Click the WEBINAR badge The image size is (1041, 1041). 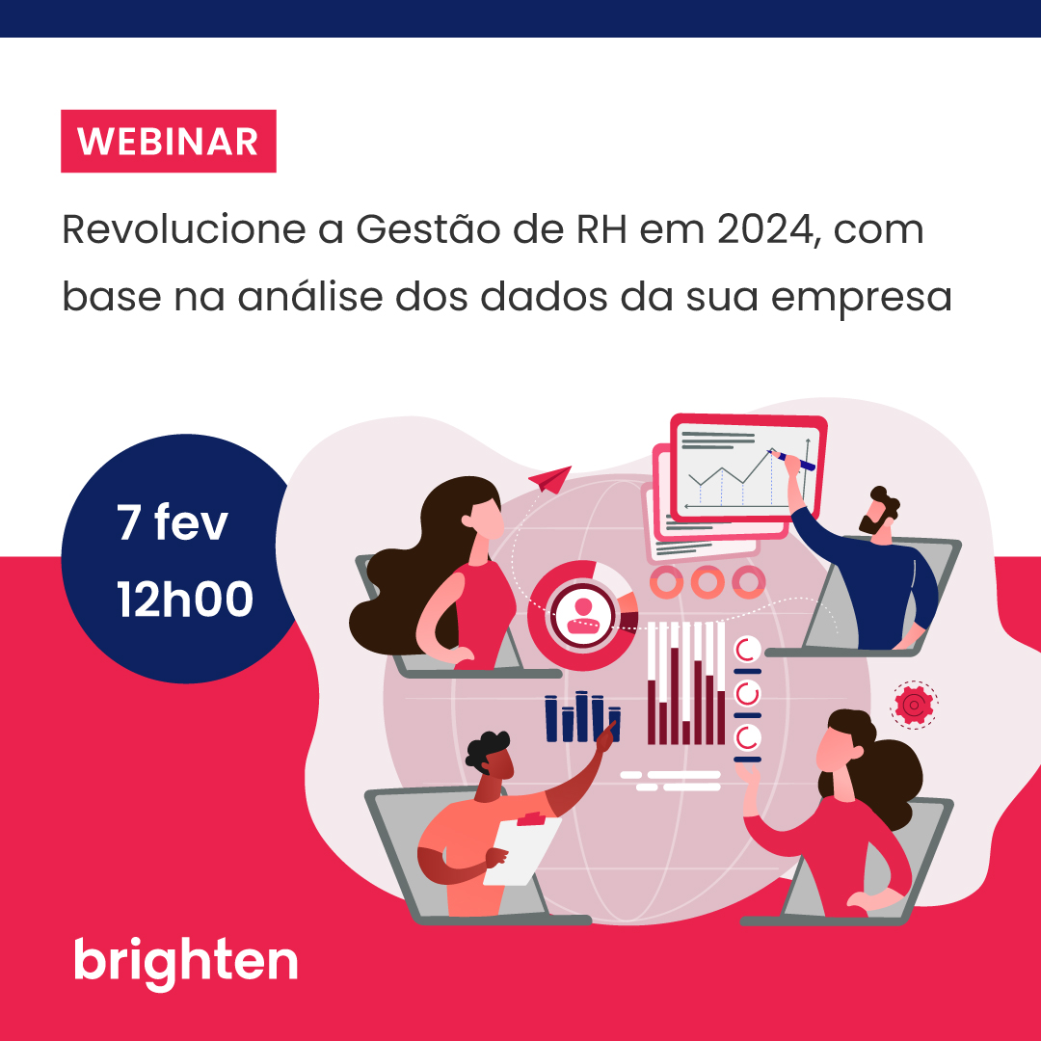click(169, 141)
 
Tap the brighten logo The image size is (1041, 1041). click(186, 960)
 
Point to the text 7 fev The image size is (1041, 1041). click(173, 523)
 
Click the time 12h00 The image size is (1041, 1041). click(185, 600)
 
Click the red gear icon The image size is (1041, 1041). click(912, 705)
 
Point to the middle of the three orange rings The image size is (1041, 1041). click(707, 581)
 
